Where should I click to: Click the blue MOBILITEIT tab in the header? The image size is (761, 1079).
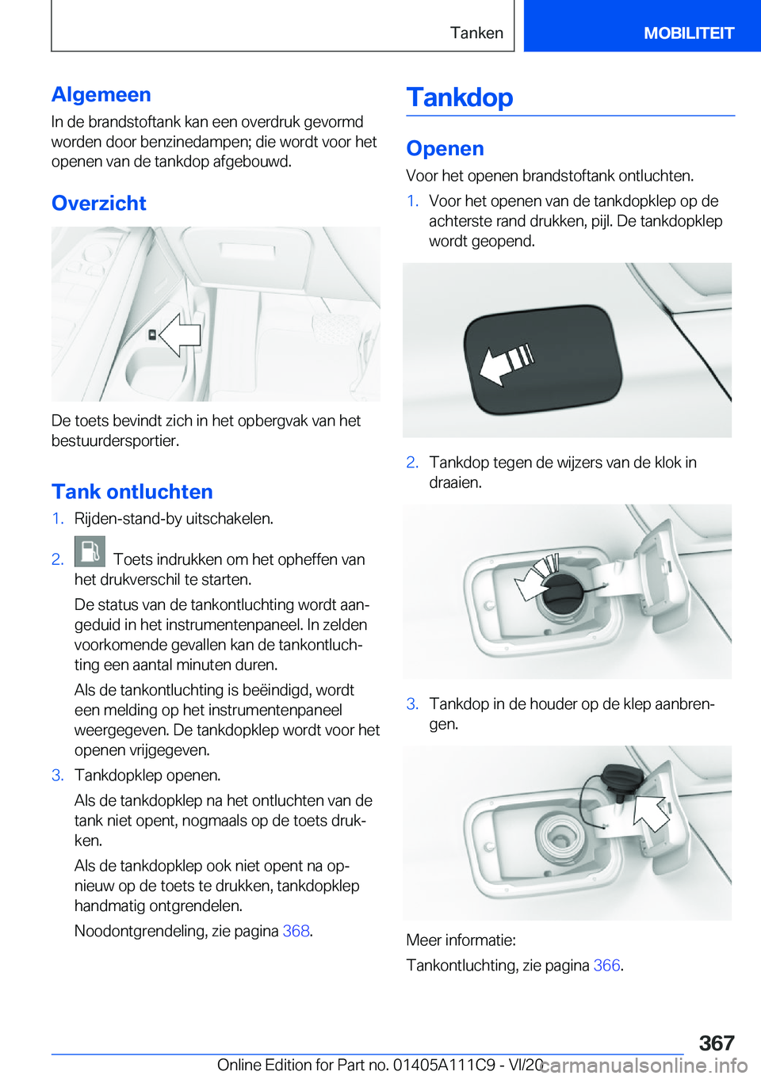(688, 32)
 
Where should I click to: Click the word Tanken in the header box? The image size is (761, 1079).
(476, 32)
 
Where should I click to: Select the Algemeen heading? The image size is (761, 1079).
(101, 94)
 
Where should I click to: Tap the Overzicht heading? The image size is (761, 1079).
(99, 203)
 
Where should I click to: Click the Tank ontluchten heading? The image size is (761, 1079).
(132, 491)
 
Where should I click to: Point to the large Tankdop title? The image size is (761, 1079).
(460, 97)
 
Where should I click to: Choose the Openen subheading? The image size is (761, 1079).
(445, 148)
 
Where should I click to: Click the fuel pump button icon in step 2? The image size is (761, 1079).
(90, 551)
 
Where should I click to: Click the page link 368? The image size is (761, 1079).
(296, 931)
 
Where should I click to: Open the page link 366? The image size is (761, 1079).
(606, 965)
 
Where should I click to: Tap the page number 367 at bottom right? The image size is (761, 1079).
(717, 1043)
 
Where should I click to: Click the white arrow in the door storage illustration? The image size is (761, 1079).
(181, 334)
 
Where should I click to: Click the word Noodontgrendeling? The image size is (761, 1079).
(140, 931)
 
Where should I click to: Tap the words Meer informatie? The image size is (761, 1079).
(461, 940)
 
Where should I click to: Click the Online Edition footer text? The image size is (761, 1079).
(380, 1065)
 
